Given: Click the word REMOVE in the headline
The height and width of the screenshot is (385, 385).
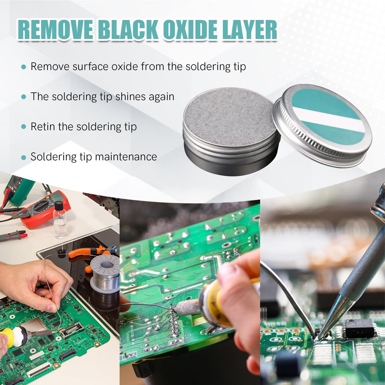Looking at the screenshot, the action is (56, 30).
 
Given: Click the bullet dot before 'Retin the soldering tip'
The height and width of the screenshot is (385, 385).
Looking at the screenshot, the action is (24, 127).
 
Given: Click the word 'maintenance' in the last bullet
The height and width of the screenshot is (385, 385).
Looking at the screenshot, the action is (126, 157).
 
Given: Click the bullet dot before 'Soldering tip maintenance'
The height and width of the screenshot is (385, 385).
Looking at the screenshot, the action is (24, 158).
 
